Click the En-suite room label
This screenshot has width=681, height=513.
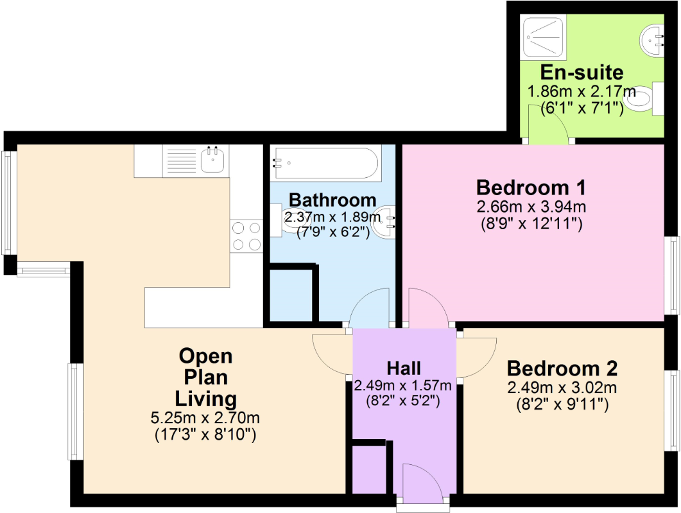[582, 72]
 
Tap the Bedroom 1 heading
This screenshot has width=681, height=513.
[531, 187]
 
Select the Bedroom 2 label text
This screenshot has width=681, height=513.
[562, 369]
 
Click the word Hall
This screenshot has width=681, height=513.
[404, 369]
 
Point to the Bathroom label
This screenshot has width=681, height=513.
[332, 200]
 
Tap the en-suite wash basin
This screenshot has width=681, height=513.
[652, 39]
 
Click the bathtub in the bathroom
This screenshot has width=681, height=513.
[325, 163]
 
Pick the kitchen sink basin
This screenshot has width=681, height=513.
[213, 159]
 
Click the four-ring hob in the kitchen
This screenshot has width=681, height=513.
[246, 236]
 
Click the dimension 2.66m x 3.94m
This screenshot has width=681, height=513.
[531, 207]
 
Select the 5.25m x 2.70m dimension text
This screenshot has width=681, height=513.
[205, 418]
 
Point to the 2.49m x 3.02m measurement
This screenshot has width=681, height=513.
[562, 387]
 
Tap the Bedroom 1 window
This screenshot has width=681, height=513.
[672, 275]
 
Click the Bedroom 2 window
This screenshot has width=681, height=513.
[672, 410]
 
